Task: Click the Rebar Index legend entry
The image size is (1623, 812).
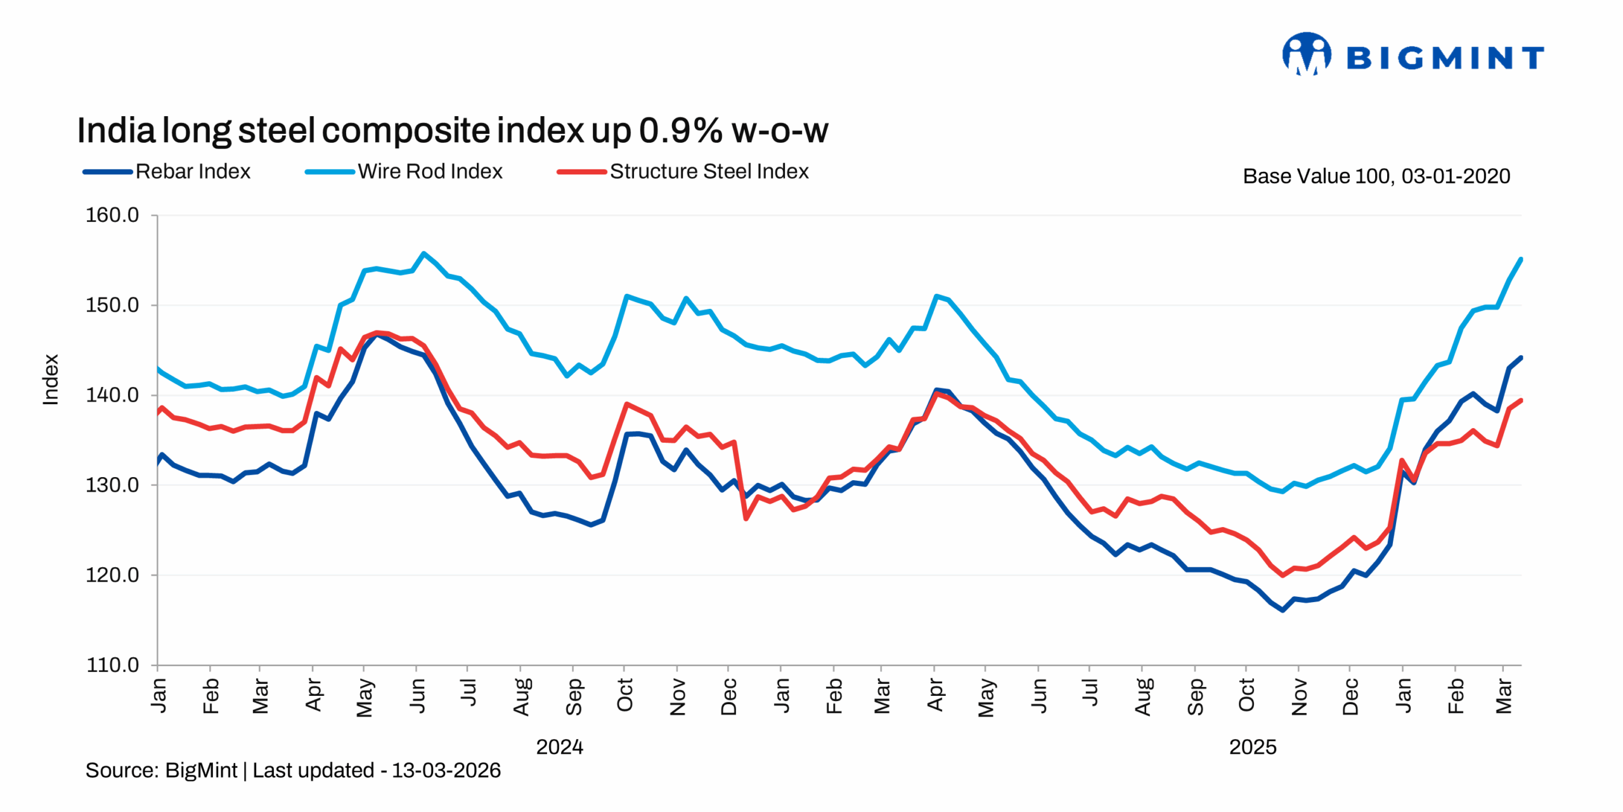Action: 193,171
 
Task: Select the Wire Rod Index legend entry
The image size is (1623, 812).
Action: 429,171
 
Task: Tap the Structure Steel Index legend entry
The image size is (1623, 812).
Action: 708,171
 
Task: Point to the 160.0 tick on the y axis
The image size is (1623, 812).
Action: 112,215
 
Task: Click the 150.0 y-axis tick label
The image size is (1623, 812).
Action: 112,305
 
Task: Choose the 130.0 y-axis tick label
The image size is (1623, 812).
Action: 112,485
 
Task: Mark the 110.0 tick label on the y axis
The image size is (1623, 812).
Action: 112,665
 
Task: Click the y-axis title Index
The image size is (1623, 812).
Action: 51,379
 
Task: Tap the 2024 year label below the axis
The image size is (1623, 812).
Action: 559,747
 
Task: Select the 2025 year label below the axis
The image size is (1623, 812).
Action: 1252,747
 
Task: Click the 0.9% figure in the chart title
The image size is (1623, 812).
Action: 680,131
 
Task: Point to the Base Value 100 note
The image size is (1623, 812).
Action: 1376,176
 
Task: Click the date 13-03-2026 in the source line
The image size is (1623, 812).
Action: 446,770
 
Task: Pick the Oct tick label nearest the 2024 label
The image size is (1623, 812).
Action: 624,695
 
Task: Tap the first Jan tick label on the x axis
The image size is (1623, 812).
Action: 158,695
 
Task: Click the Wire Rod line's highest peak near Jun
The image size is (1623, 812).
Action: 424,253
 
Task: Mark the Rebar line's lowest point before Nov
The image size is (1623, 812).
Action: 1283,610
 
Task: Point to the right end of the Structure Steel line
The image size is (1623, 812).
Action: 1521,400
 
